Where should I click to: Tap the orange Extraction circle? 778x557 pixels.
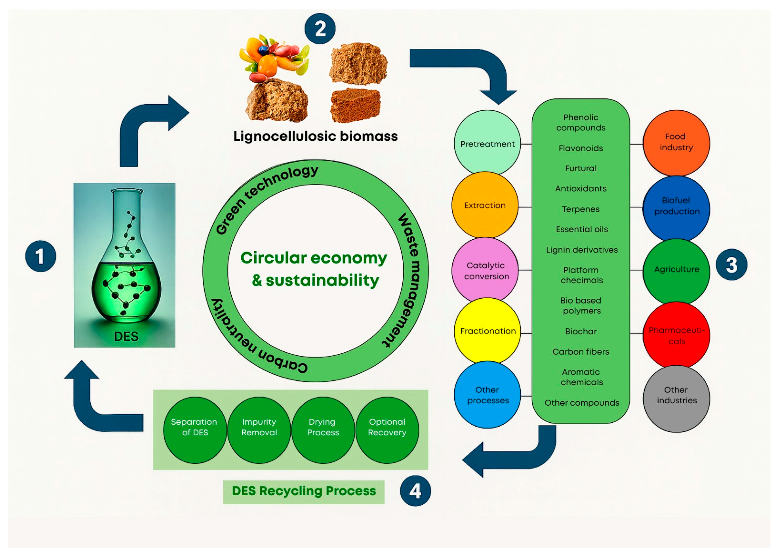(x=485, y=205)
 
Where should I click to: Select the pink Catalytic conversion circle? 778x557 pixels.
(x=485, y=270)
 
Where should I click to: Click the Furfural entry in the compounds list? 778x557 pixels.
(x=581, y=168)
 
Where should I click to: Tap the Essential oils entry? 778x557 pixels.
(x=581, y=229)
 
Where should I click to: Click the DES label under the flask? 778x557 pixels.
(x=126, y=336)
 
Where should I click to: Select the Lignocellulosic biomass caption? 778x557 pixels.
(x=315, y=136)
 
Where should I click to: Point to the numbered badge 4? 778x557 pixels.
(x=415, y=491)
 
